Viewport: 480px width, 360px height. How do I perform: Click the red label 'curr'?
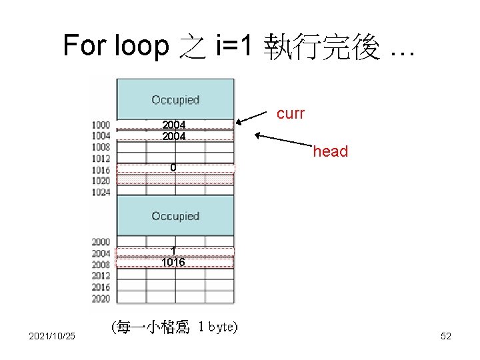tap(290, 113)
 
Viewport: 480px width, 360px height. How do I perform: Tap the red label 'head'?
tap(331, 151)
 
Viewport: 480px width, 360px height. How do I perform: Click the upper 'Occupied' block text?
tap(175, 100)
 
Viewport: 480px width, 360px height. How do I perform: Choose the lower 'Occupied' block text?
tap(175, 216)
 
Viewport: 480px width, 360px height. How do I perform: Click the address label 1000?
tap(101, 125)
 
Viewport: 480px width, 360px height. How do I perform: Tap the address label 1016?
tap(101, 170)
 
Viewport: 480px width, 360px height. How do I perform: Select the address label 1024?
tap(101, 192)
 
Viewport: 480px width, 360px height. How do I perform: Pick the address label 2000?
tap(101, 242)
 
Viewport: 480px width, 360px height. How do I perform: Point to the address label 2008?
tap(101, 265)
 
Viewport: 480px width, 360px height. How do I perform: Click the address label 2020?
tap(101, 299)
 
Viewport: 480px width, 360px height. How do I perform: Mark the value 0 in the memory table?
tap(173, 167)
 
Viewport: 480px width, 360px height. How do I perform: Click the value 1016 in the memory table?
tap(173, 263)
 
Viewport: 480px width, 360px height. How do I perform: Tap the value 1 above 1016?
tap(173, 251)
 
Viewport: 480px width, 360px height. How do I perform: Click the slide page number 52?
tap(446, 336)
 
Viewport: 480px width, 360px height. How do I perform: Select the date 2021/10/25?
tap(52, 336)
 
